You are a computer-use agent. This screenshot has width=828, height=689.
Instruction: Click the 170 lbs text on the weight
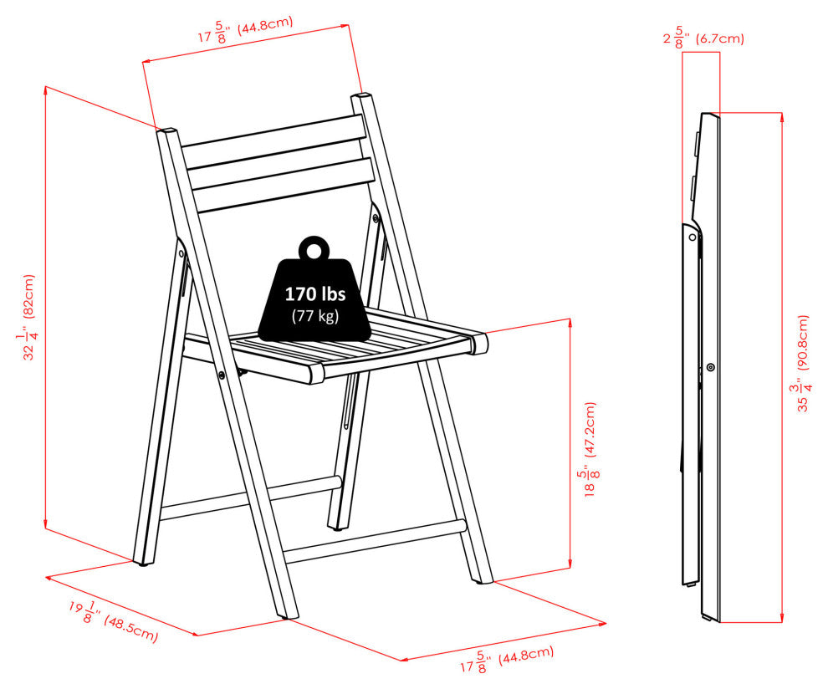coord(315,293)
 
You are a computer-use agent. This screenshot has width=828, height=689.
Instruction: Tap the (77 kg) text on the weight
coord(315,316)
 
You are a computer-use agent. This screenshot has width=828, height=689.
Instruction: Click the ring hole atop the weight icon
coord(314,250)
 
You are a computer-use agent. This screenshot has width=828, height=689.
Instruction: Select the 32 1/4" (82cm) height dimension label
coord(28,317)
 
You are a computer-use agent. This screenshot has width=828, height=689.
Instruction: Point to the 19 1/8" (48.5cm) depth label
coord(113,621)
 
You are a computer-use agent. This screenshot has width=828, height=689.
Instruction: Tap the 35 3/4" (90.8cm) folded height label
coord(802,363)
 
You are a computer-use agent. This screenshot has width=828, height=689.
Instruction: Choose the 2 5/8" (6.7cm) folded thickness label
coord(703,38)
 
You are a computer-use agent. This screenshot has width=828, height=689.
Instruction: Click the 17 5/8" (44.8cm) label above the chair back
coord(246,29)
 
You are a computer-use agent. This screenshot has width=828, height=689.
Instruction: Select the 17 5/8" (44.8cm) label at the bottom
coord(507,659)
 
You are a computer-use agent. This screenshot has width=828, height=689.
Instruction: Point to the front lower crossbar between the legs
coord(375,541)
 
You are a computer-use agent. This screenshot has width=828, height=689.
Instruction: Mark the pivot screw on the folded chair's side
coord(711,367)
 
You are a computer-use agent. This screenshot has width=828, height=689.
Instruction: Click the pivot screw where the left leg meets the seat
coord(222,375)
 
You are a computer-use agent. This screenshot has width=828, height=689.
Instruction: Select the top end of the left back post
coord(166,130)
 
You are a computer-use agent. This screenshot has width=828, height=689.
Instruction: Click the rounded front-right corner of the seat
coord(480,343)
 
